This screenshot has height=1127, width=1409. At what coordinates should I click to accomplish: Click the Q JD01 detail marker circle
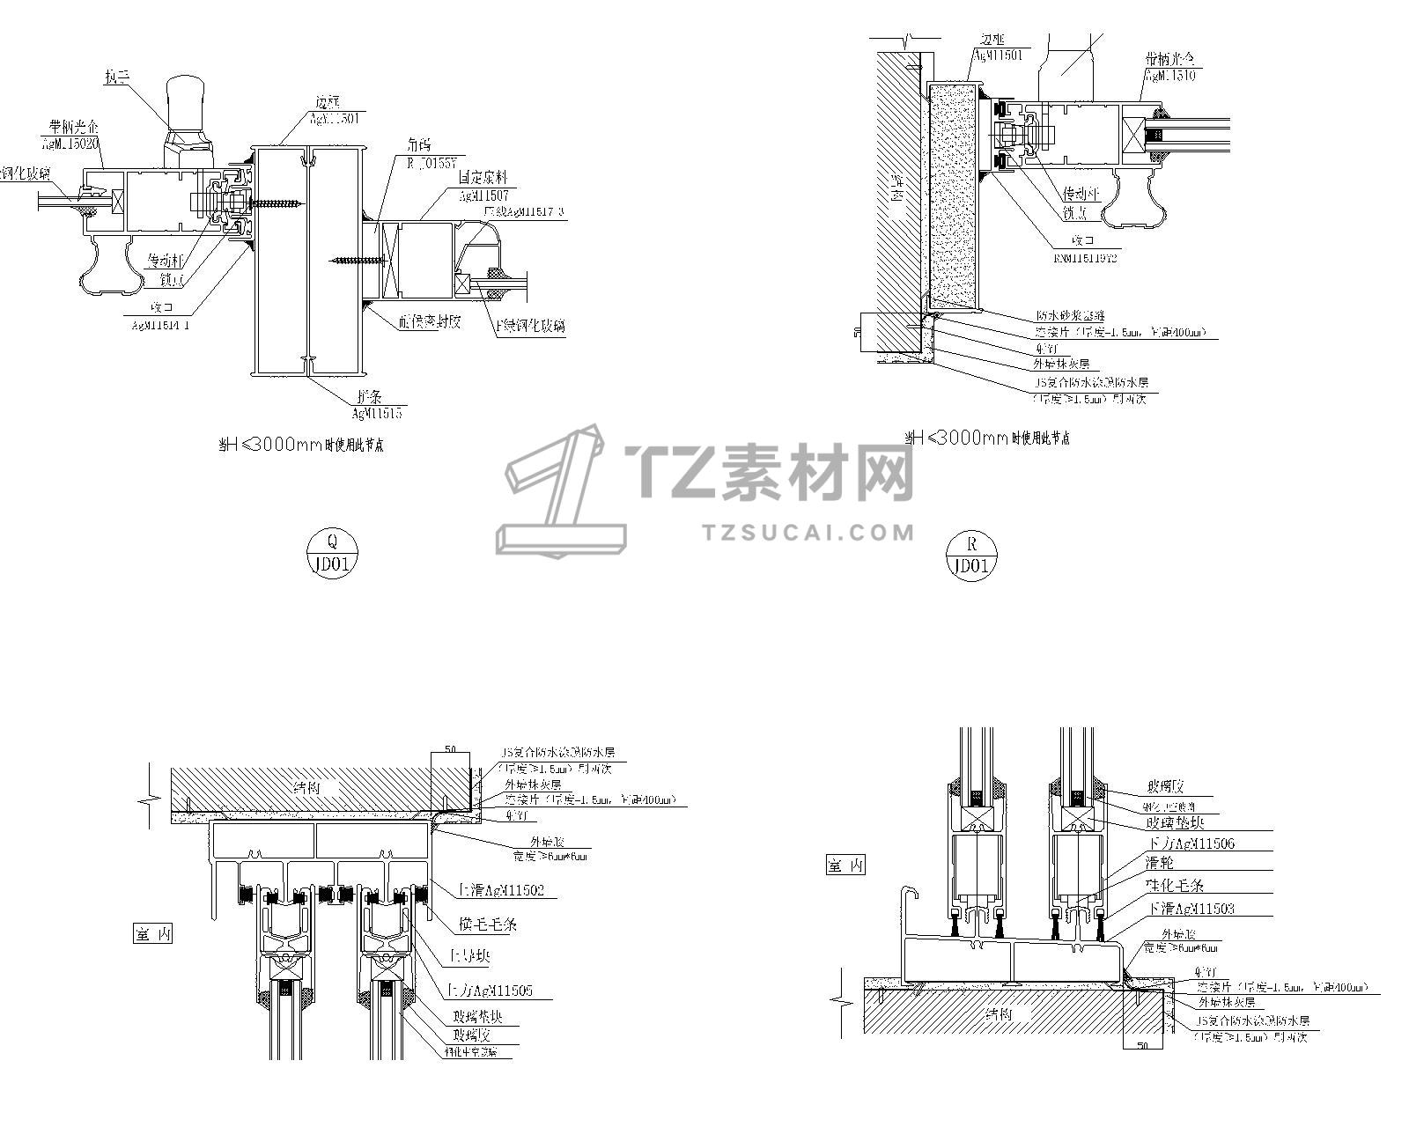(331, 553)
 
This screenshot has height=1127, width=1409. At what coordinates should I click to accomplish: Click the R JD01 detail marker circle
(972, 556)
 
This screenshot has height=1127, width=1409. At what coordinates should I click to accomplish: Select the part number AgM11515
(377, 412)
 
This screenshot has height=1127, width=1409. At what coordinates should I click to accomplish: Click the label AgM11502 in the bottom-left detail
(509, 890)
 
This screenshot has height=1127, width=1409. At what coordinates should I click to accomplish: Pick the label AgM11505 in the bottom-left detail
(501, 991)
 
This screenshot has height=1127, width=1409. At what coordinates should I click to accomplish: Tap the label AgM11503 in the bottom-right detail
(1202, 908)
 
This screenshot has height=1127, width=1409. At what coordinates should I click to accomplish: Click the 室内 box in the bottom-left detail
(152, 934)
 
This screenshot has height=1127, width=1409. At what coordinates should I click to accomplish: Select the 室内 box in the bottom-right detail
(845, 865)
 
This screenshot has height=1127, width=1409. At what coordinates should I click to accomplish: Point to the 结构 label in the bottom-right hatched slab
(999, 1014)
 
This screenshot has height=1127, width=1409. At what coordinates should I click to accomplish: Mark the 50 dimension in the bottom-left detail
(450, 749)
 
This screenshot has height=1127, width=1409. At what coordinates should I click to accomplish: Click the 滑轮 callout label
(1160, 864)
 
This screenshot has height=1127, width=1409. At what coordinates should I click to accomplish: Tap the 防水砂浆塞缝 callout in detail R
(1070, 316)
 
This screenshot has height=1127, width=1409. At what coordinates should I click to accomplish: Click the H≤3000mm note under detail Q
(300, 446)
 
